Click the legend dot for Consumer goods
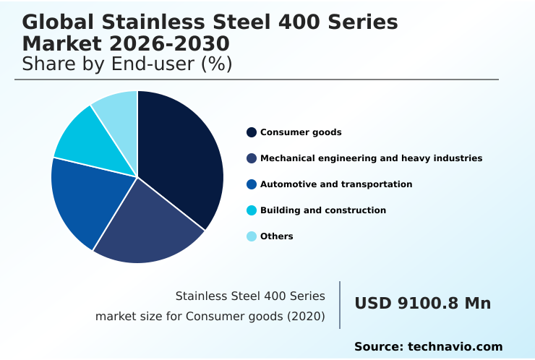click(x=252, y=132)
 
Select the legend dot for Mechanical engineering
click(x=252, y=158)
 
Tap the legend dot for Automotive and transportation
click(x=252, y=184)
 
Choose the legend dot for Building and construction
click(x=252, y=210)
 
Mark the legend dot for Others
click(x=252, y=236)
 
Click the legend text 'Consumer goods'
click(x=301, y=132)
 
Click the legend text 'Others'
click(x=277, y=236)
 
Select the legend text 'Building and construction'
click(x=323, y=210)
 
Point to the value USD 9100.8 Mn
click(x=422, y=304)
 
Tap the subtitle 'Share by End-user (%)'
click(x=127, y=64)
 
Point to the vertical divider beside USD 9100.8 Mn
click(x=340, y=305)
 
